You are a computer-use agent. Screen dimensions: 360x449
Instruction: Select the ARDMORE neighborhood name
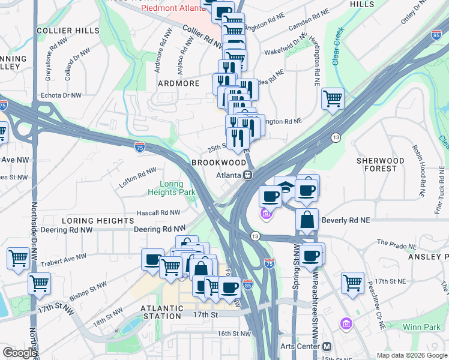[x=178, y=83]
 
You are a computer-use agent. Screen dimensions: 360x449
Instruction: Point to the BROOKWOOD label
[x=218, y=163]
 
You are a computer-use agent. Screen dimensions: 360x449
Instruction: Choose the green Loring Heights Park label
[x=173, y=188]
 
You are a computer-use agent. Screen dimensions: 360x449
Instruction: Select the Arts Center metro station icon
[x=327, y=346]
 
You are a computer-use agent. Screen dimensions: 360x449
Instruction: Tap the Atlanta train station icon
[x=247, y=175]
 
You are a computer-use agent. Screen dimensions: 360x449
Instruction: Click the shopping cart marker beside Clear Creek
[x=333, y=98]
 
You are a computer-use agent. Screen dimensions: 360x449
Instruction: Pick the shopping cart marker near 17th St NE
[x=352, y=283]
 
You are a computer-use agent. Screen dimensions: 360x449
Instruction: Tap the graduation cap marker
[x=286, y=187]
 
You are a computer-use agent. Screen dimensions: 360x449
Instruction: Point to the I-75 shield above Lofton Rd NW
[x=139, y=146]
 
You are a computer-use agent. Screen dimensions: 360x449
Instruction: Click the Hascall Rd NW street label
[x=158, y=212]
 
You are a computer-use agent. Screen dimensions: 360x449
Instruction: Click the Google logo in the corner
[x=19, y=353]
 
